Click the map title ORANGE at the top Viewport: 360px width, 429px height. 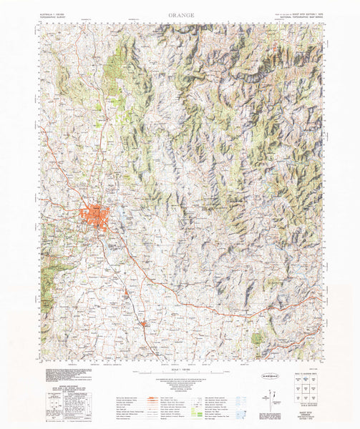pos(180,14)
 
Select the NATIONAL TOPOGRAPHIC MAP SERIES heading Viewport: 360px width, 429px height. pos(300,14)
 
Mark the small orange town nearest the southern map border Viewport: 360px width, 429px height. pos(145,325)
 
